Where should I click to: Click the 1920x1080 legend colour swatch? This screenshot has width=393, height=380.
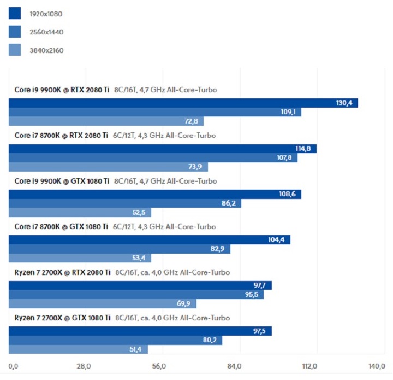click(x=15, y=13)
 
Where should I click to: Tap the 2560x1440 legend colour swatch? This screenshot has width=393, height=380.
click(x=15, y=32)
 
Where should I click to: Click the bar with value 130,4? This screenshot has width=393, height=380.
click(x=183, y=103)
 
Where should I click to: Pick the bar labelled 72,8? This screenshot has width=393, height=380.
click(x=106, y=121)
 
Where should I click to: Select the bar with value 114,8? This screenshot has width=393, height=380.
click(x=163, y=149)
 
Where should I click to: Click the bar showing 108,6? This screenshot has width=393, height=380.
click(x=155, y=194)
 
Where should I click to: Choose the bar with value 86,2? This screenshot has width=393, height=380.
click(x=125, y=203)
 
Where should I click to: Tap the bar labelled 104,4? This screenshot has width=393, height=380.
click(x=150, y=240)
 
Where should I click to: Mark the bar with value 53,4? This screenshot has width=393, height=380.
click(x=80, y=258)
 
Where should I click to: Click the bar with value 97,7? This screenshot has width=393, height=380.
click(x=140, y=285)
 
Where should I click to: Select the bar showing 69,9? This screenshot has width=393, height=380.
click(x=103, y=303)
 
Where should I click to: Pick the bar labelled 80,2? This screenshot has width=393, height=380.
click(x=116, y=341)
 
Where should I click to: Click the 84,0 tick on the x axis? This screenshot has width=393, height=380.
click(x=234, y=366)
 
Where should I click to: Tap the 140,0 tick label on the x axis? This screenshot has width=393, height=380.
click(x=377, y=366)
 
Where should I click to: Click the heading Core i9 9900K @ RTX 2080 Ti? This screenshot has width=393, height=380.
click(x=62, y=90)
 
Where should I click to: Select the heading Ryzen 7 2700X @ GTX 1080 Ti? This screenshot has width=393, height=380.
click(x=62, y=318)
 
